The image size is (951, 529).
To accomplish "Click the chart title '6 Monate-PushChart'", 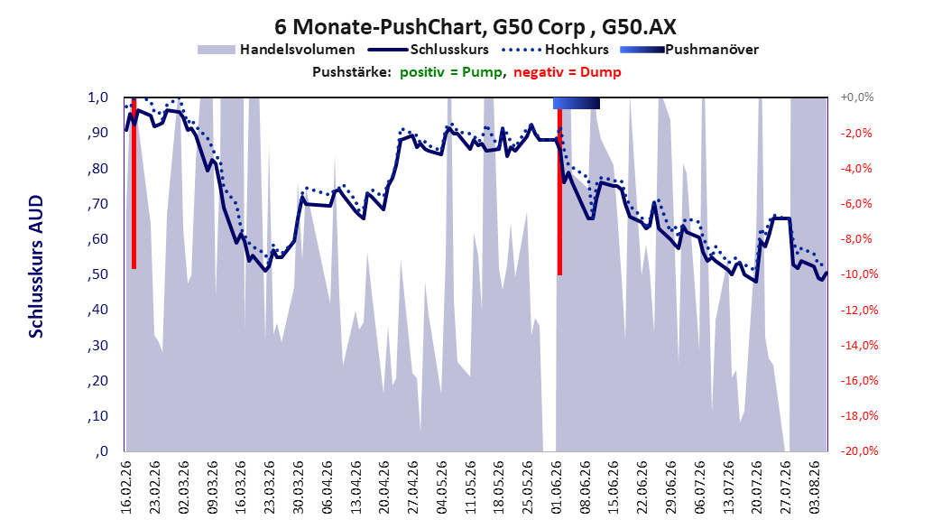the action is coord(378,27).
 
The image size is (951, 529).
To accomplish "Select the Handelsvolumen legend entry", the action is coord(276,50).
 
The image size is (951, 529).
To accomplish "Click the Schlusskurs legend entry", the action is coord(429,50).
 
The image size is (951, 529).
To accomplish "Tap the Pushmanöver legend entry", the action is coord(689,50).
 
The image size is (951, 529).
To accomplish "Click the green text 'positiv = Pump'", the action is coord(451,72).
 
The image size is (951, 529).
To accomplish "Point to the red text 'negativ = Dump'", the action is coord(568,72).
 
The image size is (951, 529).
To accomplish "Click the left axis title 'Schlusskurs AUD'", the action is coord(36,266).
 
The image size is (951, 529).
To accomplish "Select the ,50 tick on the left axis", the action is coord(97,274).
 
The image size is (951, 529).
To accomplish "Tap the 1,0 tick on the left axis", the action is coord(98,97).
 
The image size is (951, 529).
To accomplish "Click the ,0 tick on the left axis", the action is coord(101,451).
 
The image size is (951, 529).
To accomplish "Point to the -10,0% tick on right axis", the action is coord(859,274).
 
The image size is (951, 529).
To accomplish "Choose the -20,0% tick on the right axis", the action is coord(859,451).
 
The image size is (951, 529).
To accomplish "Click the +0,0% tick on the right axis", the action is coord(857,97).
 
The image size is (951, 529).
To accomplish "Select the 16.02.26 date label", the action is coord(126,487).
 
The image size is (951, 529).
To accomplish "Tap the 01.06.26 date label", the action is coord(557,487).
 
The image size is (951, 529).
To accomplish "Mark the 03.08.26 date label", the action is coord(815,487).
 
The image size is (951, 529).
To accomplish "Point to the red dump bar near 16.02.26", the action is coord(134,183).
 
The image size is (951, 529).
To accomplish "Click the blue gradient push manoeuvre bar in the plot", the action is coord(577,104).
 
